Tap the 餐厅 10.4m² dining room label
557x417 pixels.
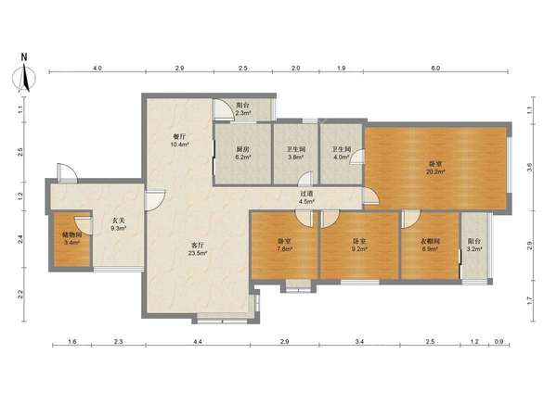[x=180, y=141]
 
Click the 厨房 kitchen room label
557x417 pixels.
[x=243, y=150]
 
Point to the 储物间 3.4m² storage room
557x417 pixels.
[x=71, y=239]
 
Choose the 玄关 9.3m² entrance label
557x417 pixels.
[x=118, y=224]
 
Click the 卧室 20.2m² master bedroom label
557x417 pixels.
[x=435, y=168]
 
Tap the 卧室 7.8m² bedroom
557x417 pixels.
[x=285, y=245]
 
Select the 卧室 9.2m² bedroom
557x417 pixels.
[x=359, y=245]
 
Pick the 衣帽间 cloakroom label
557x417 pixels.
[x=430, y=241]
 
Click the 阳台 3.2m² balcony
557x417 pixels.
[x=473, y=245]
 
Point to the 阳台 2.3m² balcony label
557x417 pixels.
[x=243, y=108]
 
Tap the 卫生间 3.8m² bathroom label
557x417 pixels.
[x=295, y=153]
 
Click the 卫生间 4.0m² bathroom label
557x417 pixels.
[x=341, y=153]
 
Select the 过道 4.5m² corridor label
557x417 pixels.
[x=306, y=197]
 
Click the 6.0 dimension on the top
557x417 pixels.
[x=435, y=68]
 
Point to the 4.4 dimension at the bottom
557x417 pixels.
[x=198, y=341]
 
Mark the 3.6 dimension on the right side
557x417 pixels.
[x=529, y=167]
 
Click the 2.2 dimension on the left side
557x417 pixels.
[x=20, y=295]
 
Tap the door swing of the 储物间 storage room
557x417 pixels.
[x=83, y=225]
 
